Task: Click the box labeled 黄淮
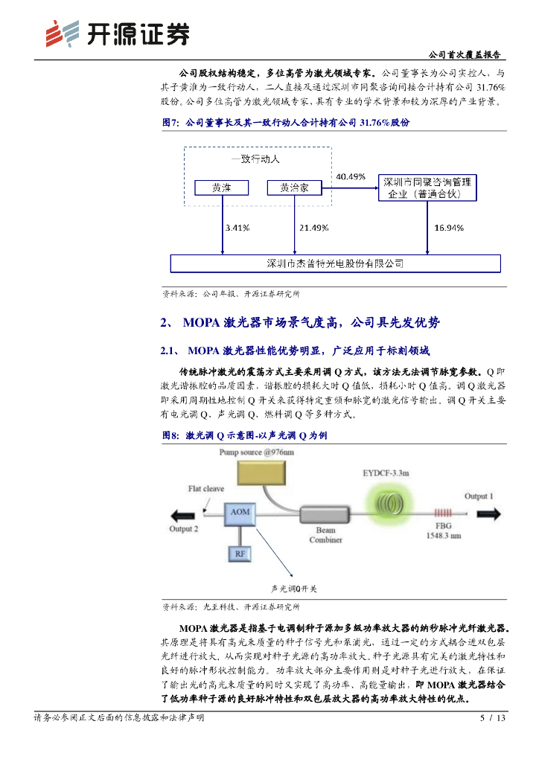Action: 221,189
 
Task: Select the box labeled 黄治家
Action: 294,189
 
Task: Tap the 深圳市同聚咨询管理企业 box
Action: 426,188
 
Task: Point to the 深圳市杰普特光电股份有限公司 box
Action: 335,263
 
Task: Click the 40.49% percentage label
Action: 351,177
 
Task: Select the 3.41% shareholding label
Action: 236,228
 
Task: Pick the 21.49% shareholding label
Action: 313,228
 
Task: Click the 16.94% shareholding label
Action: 449,228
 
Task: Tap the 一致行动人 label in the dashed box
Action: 255,159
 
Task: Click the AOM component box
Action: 240,513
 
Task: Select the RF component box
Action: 240,554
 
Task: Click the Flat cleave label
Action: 205,489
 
